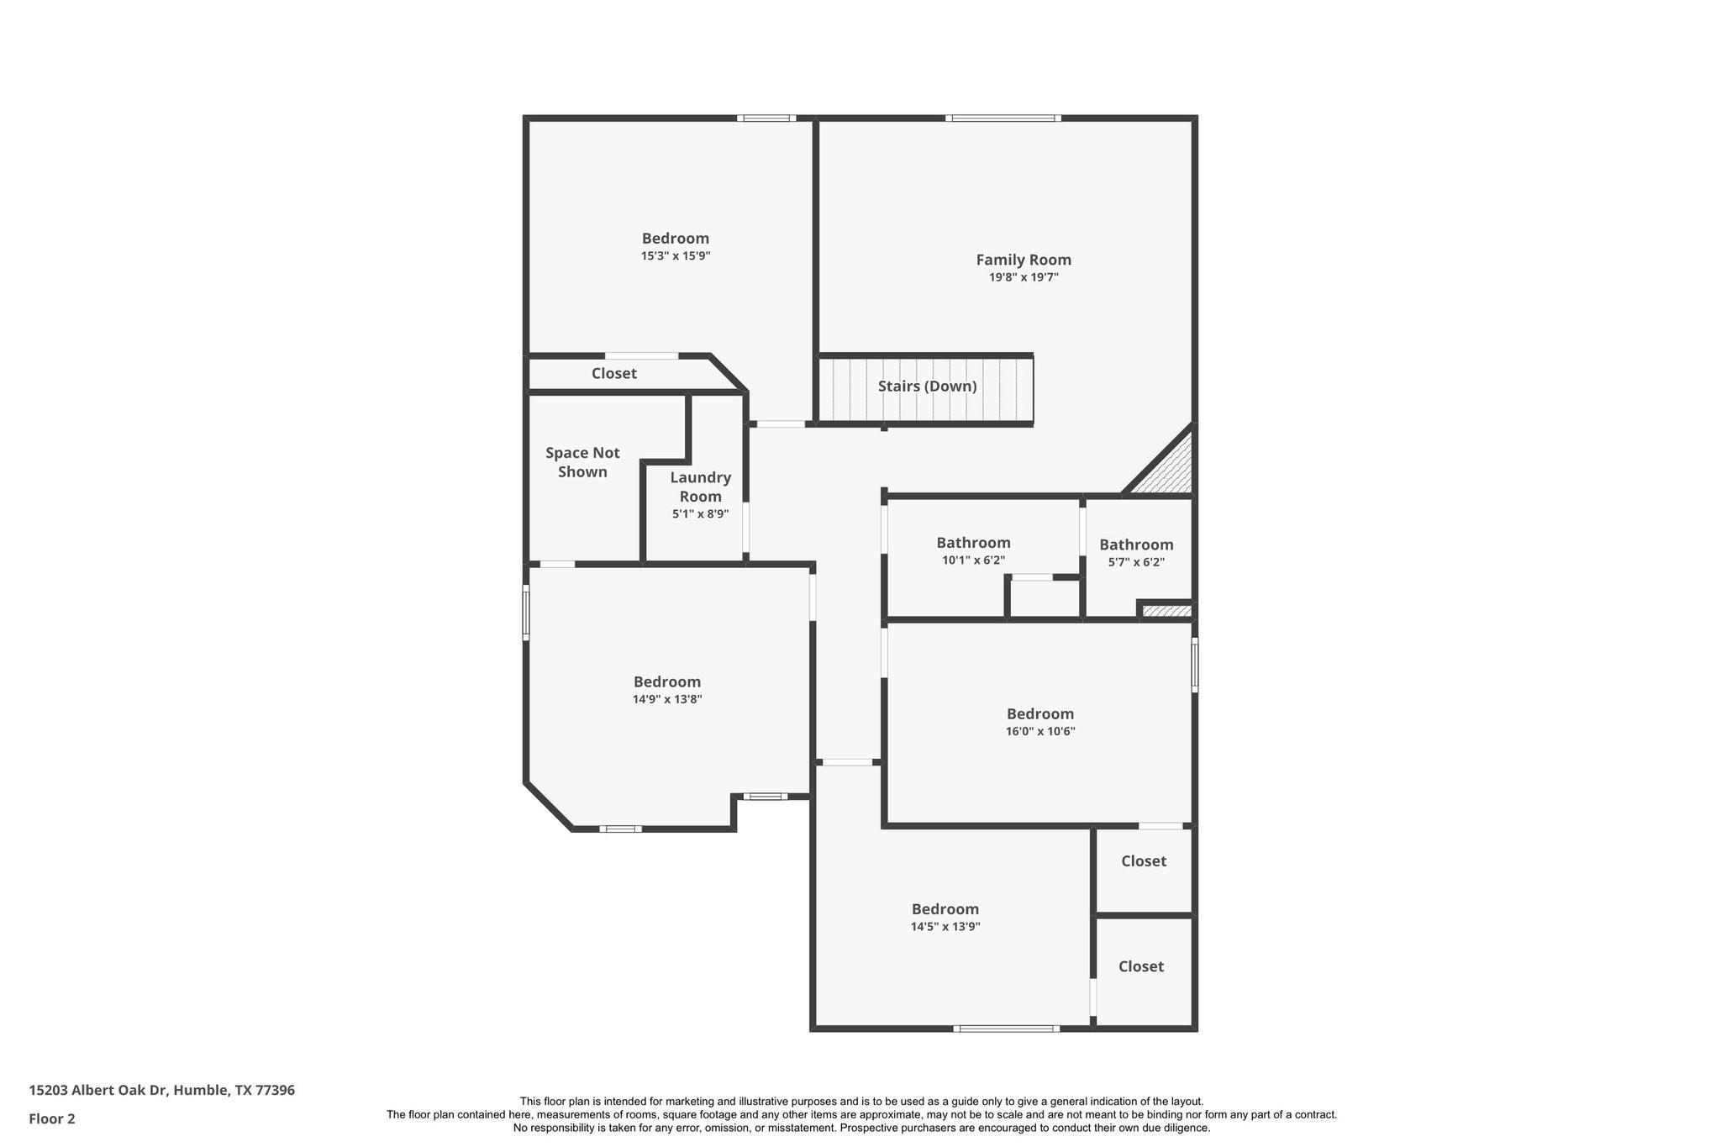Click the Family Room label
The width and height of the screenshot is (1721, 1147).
[x=1023, y=260]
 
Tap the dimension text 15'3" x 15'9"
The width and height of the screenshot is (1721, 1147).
[x=675, y=256]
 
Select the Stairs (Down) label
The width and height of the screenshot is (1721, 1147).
[x=927, y=387]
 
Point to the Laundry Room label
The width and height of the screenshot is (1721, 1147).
[x=700, y=487]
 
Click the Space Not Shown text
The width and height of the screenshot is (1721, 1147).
[x=582, y=462]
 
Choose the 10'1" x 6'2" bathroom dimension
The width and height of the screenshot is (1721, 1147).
[x=973, y=560]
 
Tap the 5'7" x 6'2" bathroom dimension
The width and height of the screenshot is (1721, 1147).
[x=1135, y=562]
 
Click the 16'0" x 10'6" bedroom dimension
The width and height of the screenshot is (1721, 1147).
[x=1039, y=732]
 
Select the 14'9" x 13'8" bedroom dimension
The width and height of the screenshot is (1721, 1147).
[x=666, y=699]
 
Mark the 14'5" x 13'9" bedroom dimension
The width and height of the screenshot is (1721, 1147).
[x=945, y=927]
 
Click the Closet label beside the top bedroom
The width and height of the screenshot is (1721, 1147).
[x=613, y=374]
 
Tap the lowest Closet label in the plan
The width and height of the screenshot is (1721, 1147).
[x=1140, y=966]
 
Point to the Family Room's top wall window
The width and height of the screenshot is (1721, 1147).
[x=1002, y=118]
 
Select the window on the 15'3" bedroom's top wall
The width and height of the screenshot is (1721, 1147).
[x=766, y=118]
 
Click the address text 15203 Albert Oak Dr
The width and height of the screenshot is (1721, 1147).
[x=161, y=1090]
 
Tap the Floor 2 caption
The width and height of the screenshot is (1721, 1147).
[x=52, y=1118]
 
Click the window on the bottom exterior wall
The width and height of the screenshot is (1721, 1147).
[x=1006, y=1029]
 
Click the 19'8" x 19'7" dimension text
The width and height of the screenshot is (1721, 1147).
[x=1023, y=277]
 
